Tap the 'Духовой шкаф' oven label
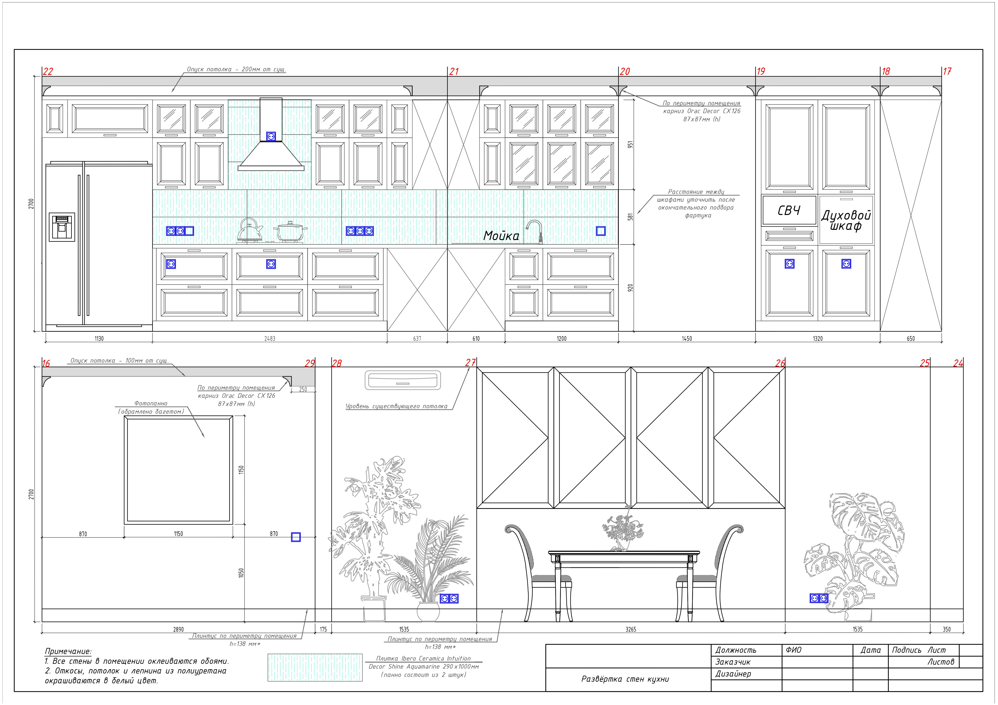[x=846, y=221]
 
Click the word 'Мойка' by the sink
[x=501, y=236]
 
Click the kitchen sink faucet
[x=535, y=231]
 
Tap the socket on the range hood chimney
[x=271, y=136]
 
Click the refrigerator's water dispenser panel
[x=62, y=227]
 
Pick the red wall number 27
[x=470, y=363]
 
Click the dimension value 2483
[x=269, y=338]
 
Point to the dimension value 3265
[x=631, y=629]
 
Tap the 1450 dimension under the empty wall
[x=687, y=338]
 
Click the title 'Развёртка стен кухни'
[x=625, y=679]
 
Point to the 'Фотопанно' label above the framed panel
[x=151, y=404]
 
